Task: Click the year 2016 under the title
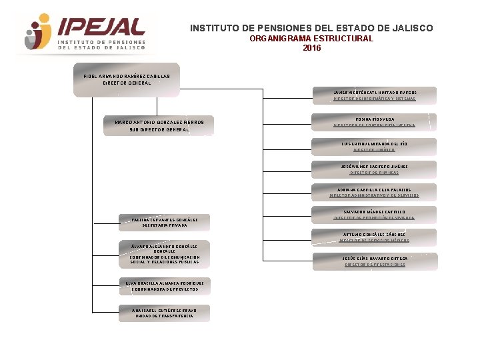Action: (x=311, y=48)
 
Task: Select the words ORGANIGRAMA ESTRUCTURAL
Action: (x=311, y=39)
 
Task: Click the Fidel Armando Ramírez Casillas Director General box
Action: (x=127, y=79)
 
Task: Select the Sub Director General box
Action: (x=159, y=126)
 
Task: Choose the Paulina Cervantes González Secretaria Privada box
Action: (x=164, y=222)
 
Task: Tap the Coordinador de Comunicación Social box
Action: (x=164, y=254)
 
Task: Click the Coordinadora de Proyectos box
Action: (x=164, y=286)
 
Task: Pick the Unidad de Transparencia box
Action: (x=164, y=312)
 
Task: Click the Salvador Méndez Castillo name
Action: (x=374, y=212)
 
